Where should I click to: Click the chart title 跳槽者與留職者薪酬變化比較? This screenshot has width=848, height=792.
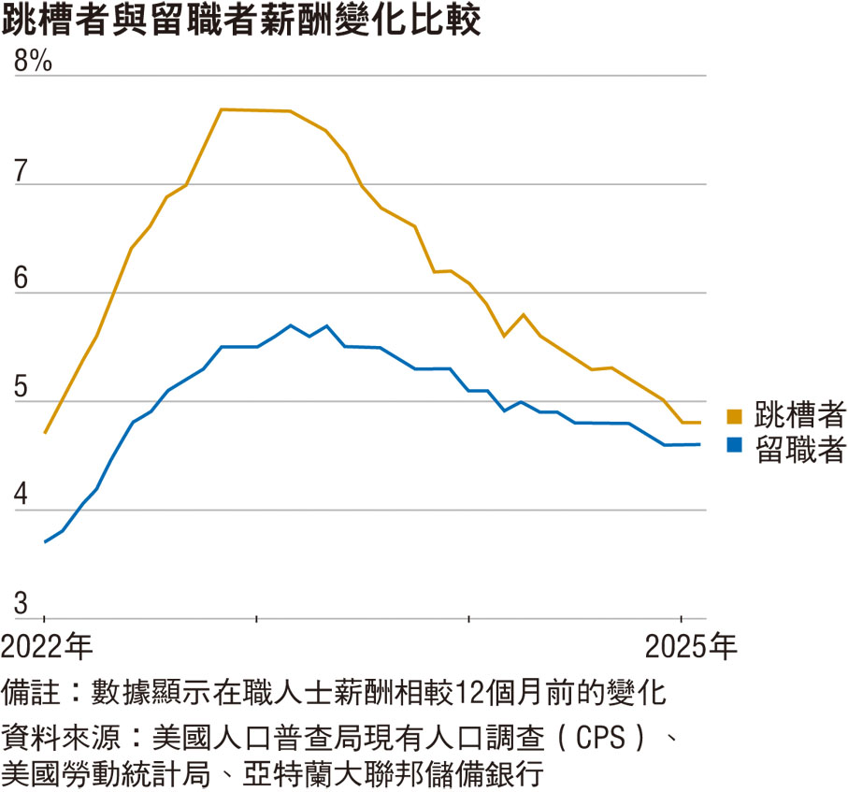(241, 22)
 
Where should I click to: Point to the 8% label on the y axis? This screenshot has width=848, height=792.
(31, 62)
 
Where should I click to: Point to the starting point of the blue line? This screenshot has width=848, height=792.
(45, 542)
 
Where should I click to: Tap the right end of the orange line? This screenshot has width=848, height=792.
(700, 423)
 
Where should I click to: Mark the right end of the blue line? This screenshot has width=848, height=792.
(700, 444)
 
